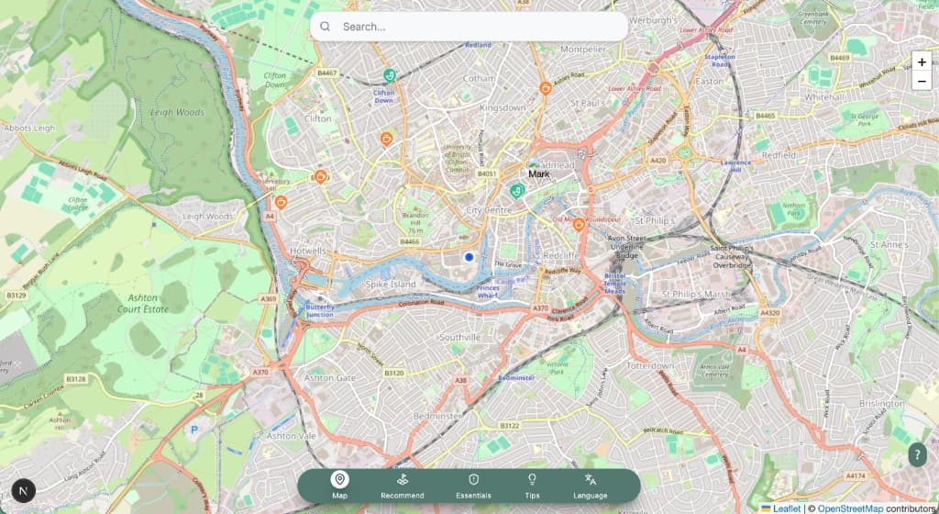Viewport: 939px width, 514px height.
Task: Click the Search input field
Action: [477, 27]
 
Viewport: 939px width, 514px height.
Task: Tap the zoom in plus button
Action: [922, 62]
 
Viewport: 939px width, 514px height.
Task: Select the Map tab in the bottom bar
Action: [340, 485]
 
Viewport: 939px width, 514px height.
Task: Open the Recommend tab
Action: [403, 485]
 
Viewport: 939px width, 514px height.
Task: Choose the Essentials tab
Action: [473, 485]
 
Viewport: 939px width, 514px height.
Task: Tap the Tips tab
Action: [532, 485]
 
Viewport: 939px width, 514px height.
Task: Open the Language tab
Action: [591, 485]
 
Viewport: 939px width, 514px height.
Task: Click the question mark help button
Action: [918, 454]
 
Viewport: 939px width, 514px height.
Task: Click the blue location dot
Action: [469, 258]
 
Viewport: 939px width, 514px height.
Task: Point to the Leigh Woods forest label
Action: [177, 113]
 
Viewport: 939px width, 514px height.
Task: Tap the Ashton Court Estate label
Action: [143, 304]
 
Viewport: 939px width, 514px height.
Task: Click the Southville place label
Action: [459, 338]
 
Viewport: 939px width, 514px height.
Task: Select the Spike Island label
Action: [392, 285]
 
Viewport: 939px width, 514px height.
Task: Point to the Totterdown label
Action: [649, 365]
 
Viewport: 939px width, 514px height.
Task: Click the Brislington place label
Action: [881, 404]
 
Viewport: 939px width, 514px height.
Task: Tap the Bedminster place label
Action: [436, 416]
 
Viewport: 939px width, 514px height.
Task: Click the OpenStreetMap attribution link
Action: [850, 508]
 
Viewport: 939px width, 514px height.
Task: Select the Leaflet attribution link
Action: [786, 508]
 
